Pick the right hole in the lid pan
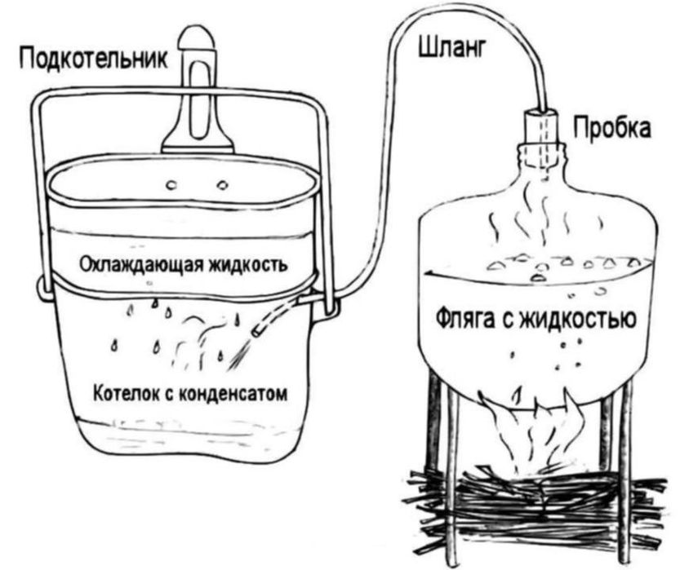point(223,185)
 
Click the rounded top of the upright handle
point(198,38)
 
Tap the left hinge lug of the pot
point(43,288)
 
